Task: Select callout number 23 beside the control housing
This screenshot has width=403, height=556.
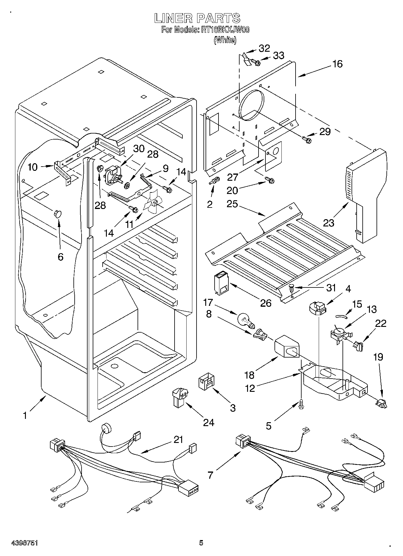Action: point(329,223)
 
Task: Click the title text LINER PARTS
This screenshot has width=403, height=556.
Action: point(197,18)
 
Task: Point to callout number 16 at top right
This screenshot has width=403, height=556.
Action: point(338,64)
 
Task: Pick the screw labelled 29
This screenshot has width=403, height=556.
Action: point(307,139)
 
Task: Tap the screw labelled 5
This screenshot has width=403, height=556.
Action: point(301,405)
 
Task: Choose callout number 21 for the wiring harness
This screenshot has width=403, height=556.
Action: point(178,440)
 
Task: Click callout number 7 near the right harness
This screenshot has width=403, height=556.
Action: point(210,475)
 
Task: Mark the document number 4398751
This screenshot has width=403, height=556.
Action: point(24,542)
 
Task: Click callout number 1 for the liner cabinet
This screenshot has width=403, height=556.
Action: point(25,415)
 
